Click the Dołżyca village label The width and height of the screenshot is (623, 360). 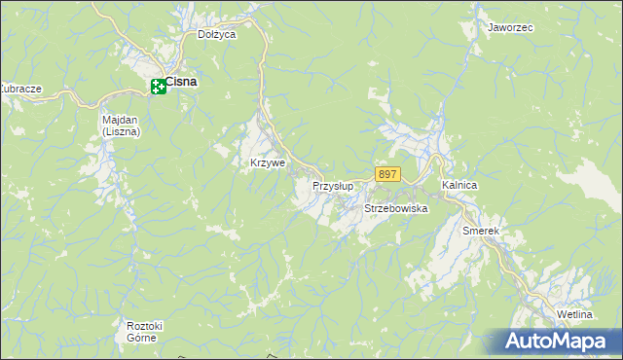[217, 34]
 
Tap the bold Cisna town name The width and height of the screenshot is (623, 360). [181, 82]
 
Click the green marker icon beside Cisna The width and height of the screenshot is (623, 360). [158, 88]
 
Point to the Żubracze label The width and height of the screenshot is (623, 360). [19, 89]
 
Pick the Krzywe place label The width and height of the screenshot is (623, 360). [268, 162]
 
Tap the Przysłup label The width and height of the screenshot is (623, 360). [332, 185]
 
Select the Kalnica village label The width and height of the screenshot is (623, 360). [458, 184]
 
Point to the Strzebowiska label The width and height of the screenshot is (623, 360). [396, 208]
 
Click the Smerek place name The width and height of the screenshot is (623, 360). [481, 231]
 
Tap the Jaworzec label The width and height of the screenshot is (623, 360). [510, 28]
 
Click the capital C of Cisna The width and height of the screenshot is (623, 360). [169, 82]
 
